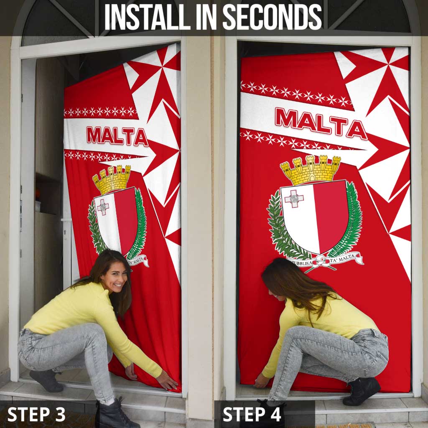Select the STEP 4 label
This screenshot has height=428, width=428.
pyautogui.click(x=252, y=414)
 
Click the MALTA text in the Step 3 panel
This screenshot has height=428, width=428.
pyautogui.click(x=117, y=136)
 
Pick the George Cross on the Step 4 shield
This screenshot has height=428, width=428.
pyautogui.click(x=294, y=198)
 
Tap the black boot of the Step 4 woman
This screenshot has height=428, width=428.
pyautogui.click(x=362, y=391)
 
